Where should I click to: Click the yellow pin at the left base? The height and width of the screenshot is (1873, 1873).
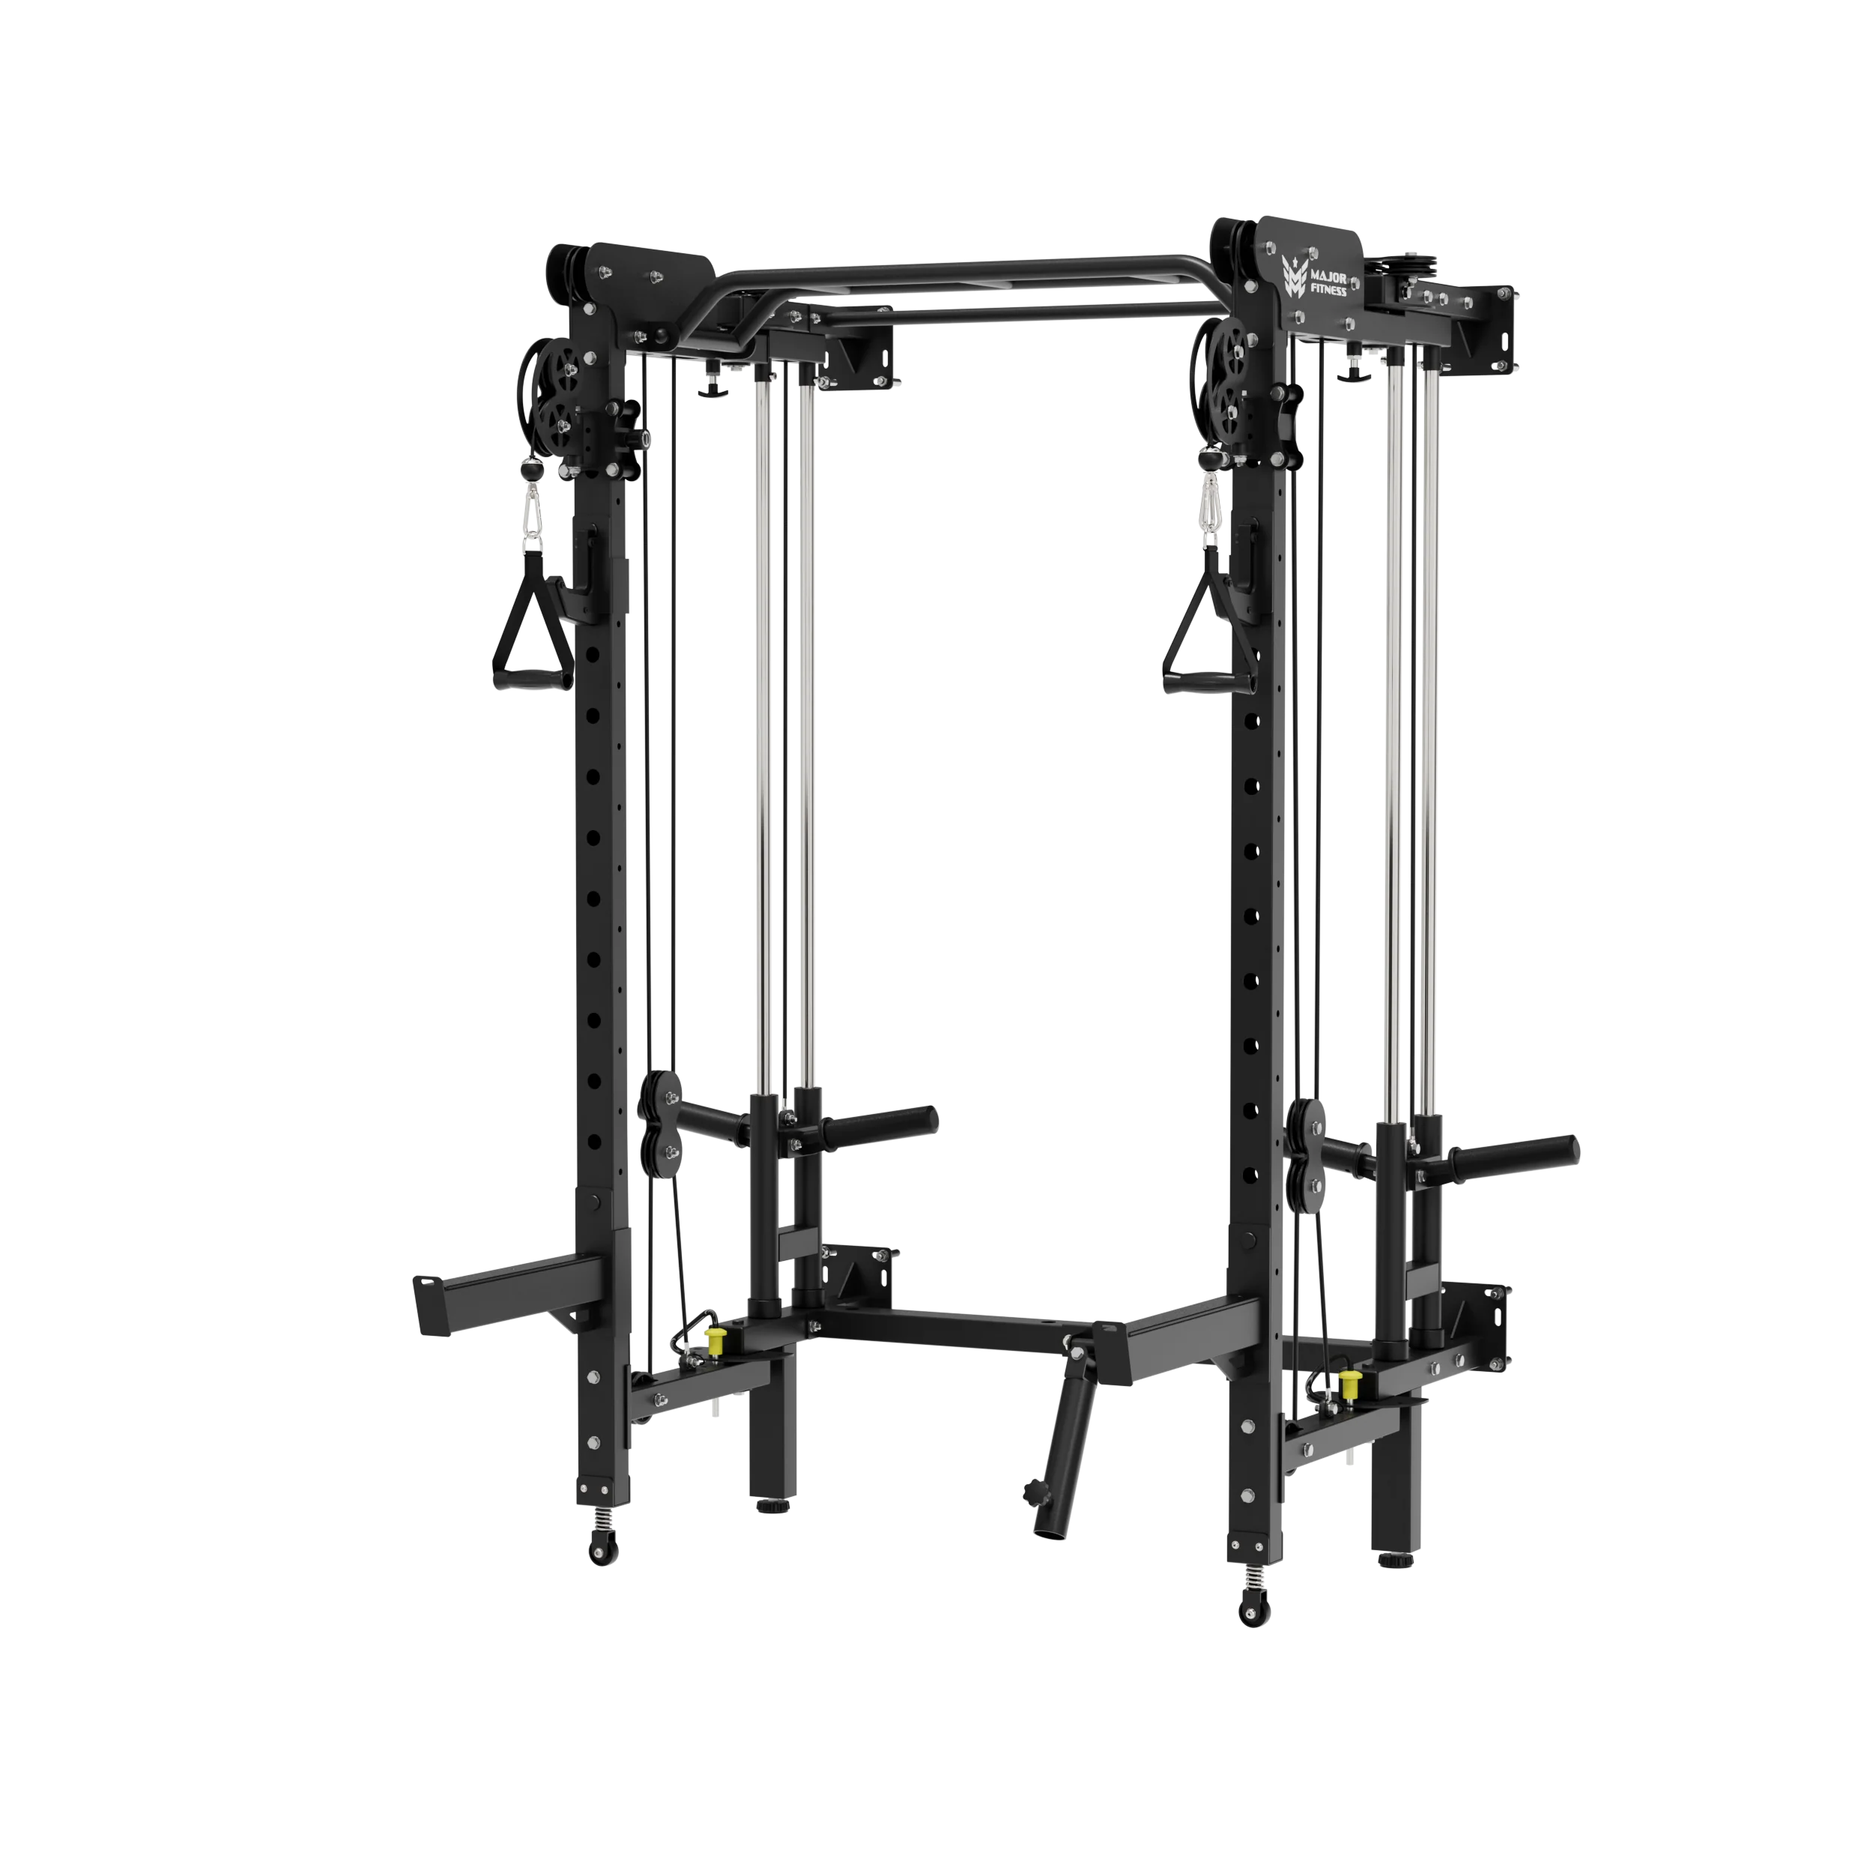pyautogui.click(x=716, y=1342)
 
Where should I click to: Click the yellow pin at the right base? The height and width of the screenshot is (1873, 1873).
pyautogui.click(x=1348, y=1384)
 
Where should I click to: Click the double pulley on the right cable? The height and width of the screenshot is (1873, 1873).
pyautogui.click(x=1305, y=1153)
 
